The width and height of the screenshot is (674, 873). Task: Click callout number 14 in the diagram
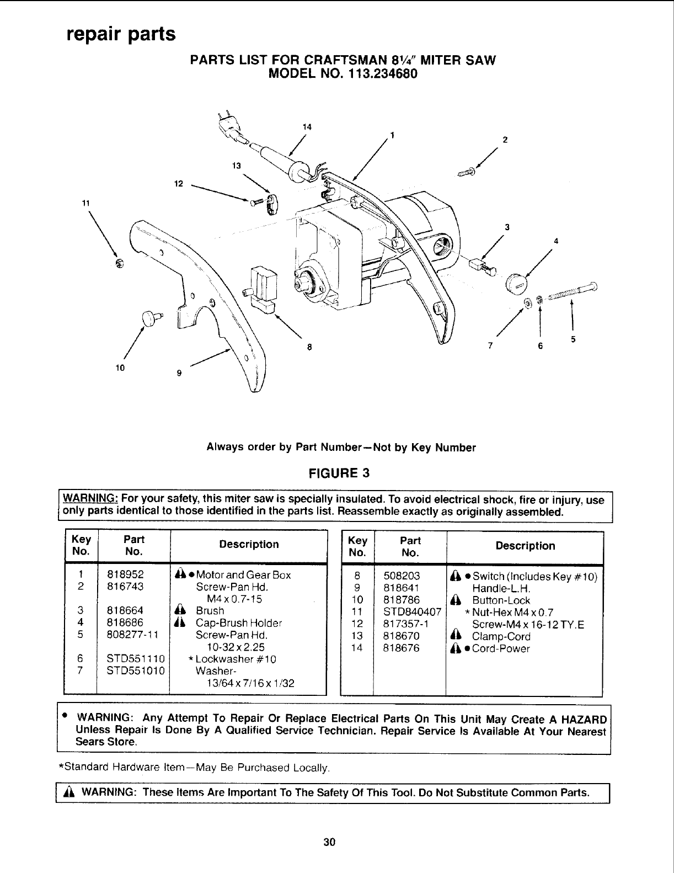pos(307,127)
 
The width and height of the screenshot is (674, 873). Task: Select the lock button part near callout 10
pos(151,317)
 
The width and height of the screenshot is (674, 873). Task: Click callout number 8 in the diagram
pos(309,347)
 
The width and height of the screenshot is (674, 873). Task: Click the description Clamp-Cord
pos(501,636)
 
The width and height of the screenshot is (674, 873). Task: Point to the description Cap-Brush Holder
pos(239,624)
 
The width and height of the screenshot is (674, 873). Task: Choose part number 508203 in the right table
pos(402,576)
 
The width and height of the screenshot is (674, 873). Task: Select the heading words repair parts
pos(121,34)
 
